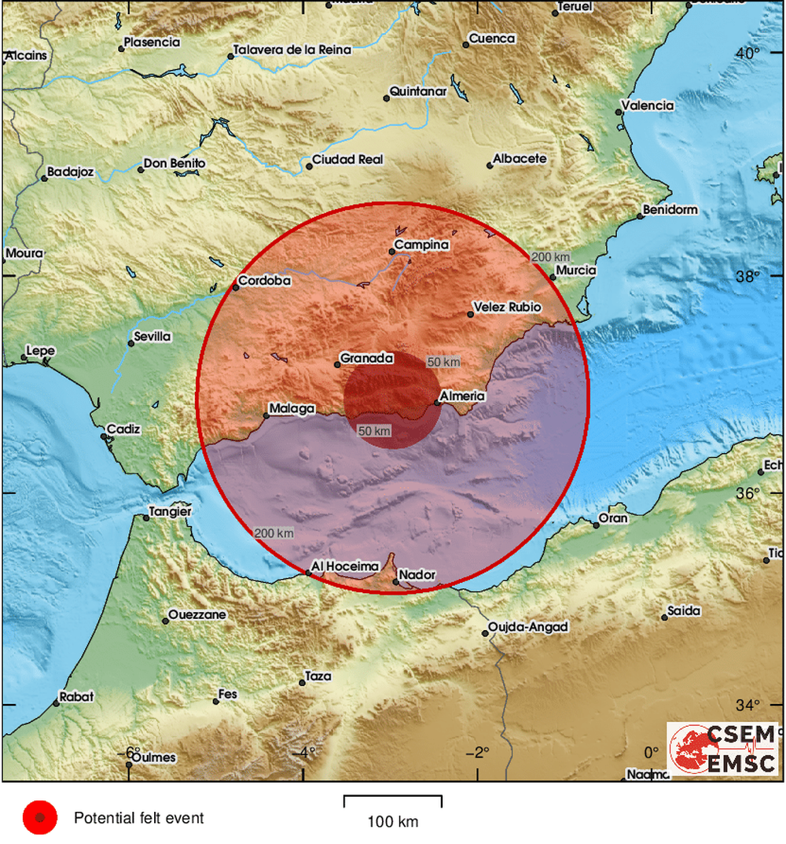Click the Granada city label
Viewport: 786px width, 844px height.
[x=365, y=359]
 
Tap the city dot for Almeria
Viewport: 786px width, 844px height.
[x=437, y=404]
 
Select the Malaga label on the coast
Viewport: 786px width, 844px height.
[x=291, y=409]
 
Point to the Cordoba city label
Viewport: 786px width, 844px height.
[x=264, y=281]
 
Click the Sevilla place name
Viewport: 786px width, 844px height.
[x=152, y=337]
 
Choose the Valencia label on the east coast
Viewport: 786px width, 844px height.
[x=648, y=105]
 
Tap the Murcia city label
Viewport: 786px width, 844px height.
[x=575, y=271]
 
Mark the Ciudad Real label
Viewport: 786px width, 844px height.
[x=347, y=160]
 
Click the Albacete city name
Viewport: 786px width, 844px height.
[x=519, y=159]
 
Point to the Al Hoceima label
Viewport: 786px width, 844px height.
[x=345, y=566]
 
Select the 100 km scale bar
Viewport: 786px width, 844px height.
[x=392, y=802]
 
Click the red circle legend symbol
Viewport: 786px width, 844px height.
[x=39, y=818]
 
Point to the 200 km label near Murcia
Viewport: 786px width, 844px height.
[x=550, y=257]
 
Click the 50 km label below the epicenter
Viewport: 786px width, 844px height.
[x=374, y=431]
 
